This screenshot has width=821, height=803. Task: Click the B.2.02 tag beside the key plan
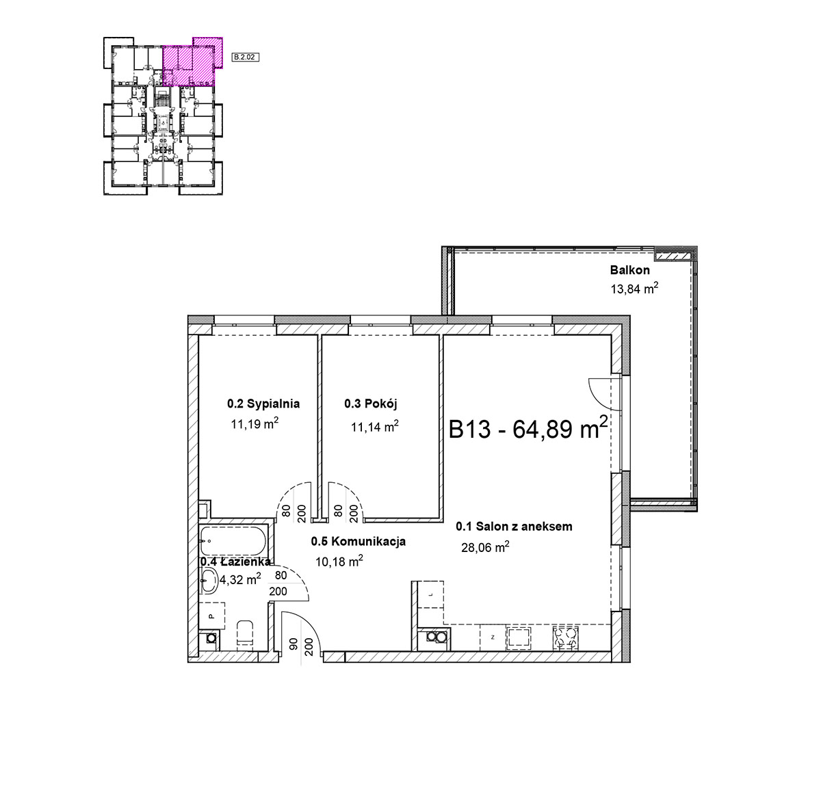(245, 57)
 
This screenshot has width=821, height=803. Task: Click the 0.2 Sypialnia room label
(263, 404)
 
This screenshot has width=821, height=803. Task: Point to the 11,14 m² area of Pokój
(375, 427)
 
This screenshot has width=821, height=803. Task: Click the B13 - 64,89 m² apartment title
(527, 428)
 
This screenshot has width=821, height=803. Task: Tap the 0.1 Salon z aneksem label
(514, 527)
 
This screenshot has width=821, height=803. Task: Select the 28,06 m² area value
(485, 547)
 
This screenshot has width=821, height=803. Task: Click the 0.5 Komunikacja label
(359, 541)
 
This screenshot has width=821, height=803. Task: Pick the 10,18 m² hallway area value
(339, 562)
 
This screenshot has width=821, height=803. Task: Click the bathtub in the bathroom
(233, 541)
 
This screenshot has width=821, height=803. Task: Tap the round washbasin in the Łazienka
(209, 579)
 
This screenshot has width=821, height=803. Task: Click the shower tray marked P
(212, 616)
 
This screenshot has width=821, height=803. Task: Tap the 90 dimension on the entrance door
(294, 644)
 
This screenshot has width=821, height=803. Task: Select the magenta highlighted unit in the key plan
(192, 62)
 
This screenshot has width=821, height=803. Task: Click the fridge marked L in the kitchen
(430, 594)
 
